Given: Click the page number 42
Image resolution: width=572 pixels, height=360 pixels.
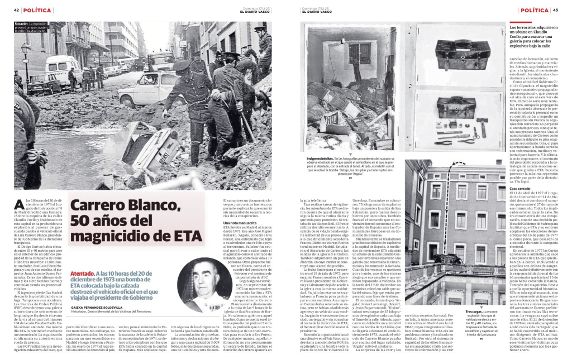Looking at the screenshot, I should pos(17,10).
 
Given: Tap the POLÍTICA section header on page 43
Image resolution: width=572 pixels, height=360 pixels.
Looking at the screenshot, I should pos(533,10).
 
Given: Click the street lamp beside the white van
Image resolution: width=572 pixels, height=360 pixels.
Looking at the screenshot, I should pos(25,61).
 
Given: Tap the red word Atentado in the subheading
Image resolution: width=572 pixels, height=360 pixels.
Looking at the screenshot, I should pos(82,273).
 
